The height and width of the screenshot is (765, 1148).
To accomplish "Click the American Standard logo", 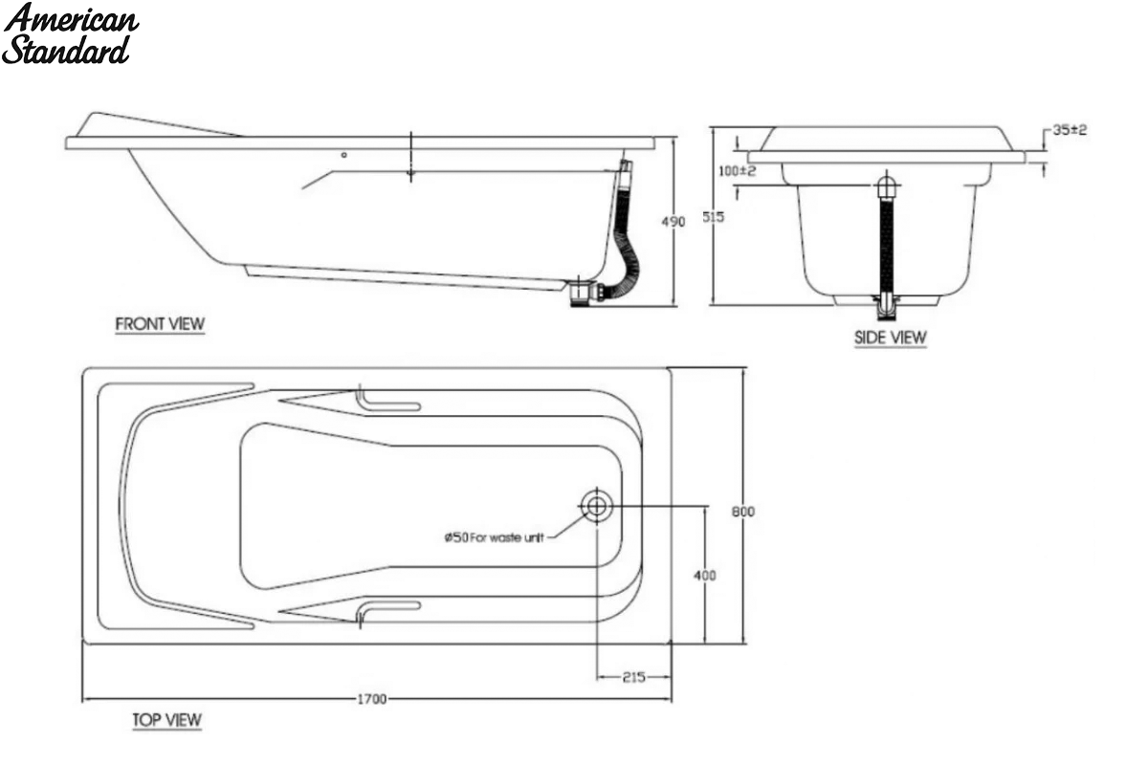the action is point(70,34).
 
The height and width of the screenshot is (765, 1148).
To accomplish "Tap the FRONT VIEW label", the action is point(160,324).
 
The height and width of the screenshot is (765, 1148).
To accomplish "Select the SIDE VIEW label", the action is point(891,338).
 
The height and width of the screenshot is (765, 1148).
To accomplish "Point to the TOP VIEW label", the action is point(167,720).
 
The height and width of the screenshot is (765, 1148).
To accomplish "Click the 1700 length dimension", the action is point(372,699).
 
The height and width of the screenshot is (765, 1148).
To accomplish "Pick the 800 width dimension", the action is point(742,512).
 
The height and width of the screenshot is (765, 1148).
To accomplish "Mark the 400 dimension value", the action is point(705,576).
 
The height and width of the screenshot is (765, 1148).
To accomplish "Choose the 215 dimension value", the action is point(634,677).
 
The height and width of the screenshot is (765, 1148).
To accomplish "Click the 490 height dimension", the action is point(673,222).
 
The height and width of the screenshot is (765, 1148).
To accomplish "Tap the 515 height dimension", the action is point(714,217).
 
